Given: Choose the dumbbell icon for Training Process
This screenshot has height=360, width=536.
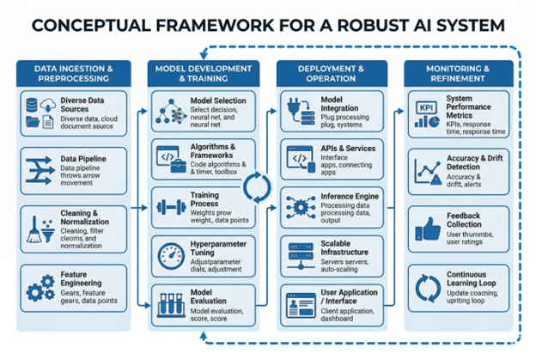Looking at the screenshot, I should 167,207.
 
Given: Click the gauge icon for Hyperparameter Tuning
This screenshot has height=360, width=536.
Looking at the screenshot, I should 167,254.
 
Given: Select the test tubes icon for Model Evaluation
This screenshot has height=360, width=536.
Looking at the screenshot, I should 167,304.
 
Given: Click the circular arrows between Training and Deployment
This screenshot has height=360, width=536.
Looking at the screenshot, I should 257,186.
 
